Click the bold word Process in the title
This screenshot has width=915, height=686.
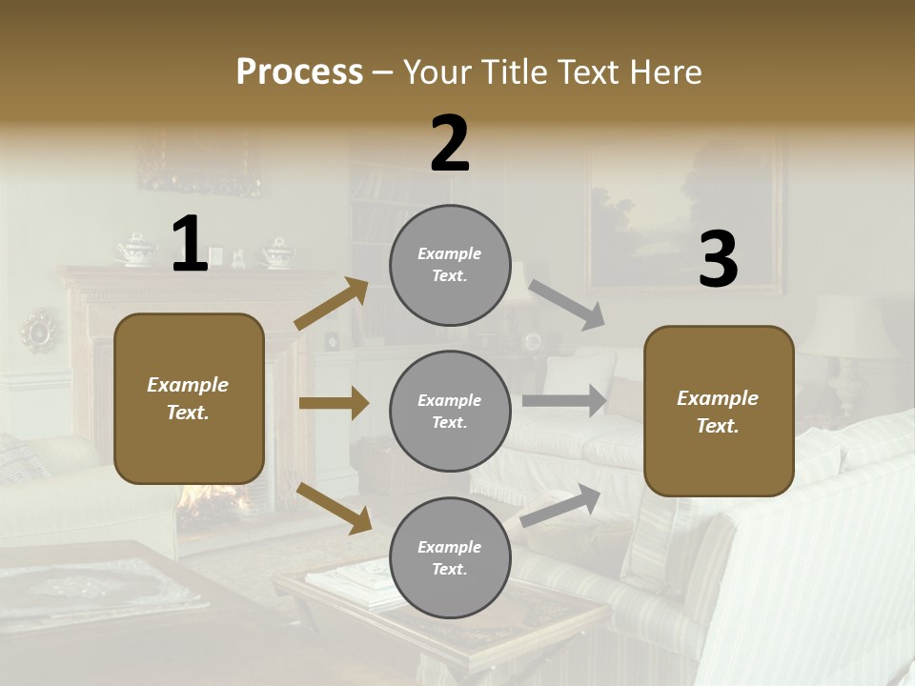tap(299, 72)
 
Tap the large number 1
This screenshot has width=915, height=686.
tap(190, 245)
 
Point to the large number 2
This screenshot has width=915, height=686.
tap(450, 145)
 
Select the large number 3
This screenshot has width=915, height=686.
tap(718, 260)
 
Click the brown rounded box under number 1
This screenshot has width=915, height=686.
tap(189, 398)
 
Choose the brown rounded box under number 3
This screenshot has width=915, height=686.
tap(719, 411)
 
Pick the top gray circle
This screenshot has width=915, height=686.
tap(450, 264)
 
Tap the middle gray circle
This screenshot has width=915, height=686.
tap(450, 411)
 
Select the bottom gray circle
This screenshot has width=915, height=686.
tap(450, 557)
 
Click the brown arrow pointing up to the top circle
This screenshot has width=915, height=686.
tap(332, 304)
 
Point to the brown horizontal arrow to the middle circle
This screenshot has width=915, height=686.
tap(334, 403)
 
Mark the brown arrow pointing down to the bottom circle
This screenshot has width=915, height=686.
tap(334, 508)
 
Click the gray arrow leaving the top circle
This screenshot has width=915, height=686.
tap(566, 305)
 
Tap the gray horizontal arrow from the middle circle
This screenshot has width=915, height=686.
tap(564, 400)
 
